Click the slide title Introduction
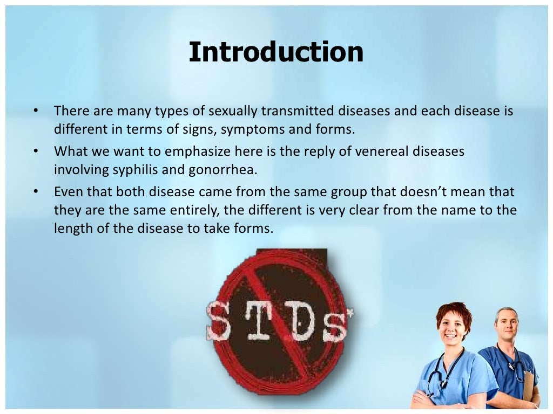pos(276,52)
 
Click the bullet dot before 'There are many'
pos(36,111)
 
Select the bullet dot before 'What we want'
pos(36,151)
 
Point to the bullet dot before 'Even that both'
pos(36,191)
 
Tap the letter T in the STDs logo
pos(258,322)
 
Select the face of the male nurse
pos(506,325)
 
